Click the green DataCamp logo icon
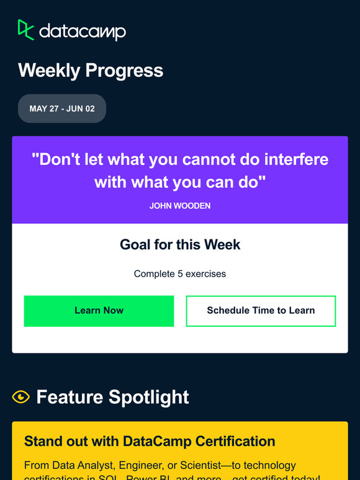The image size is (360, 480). pyautogui.click(x=25, y=30)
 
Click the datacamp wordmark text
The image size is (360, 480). pyautogui.click(x=83, y=32)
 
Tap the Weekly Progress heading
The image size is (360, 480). pyautogui.click(x=91, y=71)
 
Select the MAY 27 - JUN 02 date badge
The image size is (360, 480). pyautogui.click(x=62, y=109)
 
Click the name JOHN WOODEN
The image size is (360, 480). pyautogui.click(x=180, y=205)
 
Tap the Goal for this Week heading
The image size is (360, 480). pyautogui.click(x=180, y=244)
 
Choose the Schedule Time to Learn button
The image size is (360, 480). pyautogui.click(x=261, y=311)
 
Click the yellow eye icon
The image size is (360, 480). pyautogui.click(x=21, y=397)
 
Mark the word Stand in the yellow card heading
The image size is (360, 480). pyautogui.click(x=42, y=442)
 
